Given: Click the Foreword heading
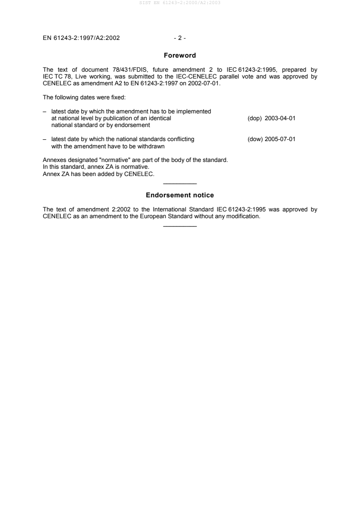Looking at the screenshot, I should (x=180, y=56).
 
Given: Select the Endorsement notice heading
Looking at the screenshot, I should (x=180, y=195).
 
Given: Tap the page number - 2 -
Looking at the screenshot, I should (x=180, y=38).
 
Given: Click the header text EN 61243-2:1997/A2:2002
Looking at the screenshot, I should (x=81, y=38).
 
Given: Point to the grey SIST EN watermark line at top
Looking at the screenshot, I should (x=180, y=3).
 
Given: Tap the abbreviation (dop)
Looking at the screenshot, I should (x=254, y=118).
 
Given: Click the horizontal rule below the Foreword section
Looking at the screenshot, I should (x=180, y=183).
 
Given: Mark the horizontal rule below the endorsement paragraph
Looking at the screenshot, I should (x=180, y=226).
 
